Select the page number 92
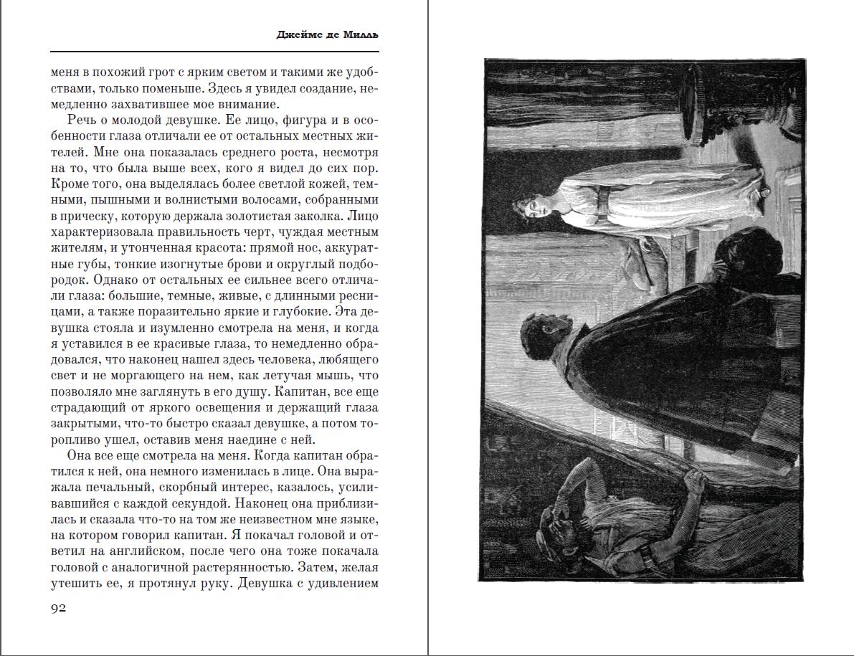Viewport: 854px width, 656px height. tap(58, 608)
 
